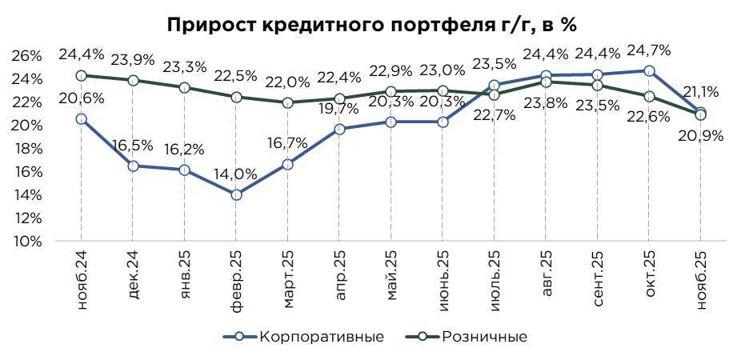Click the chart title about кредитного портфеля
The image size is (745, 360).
click(x=371, y=25)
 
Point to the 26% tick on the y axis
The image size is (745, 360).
click(x=27, y=55)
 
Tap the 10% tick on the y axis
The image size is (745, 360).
click(x=27, y=241)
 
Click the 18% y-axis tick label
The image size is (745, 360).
click(x=27, y=148)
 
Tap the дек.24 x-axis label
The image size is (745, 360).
click(x=133, y=272)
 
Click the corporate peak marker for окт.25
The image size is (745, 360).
click(x=649, y=70)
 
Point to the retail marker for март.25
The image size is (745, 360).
click(x=287, y=102)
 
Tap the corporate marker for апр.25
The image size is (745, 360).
click(x=338, y=129)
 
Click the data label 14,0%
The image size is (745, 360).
click(x=234, y=174)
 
